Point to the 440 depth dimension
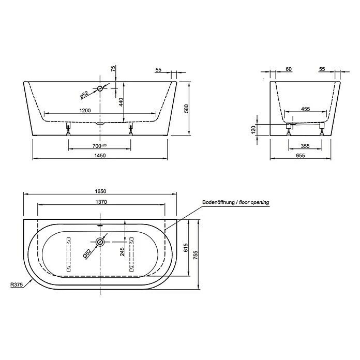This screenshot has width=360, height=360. tap(121, 102)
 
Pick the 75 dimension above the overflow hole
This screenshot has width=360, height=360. tap(114, 69)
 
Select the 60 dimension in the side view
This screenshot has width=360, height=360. tap(288, 69)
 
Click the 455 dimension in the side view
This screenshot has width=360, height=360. tap(305, 109)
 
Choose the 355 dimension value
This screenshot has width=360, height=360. tap(305, 146)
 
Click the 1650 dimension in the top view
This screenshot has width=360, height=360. tap(100, 191)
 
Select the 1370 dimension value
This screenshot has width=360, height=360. tap(101, 202)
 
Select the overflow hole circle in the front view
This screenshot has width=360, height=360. tap(100, 88)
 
